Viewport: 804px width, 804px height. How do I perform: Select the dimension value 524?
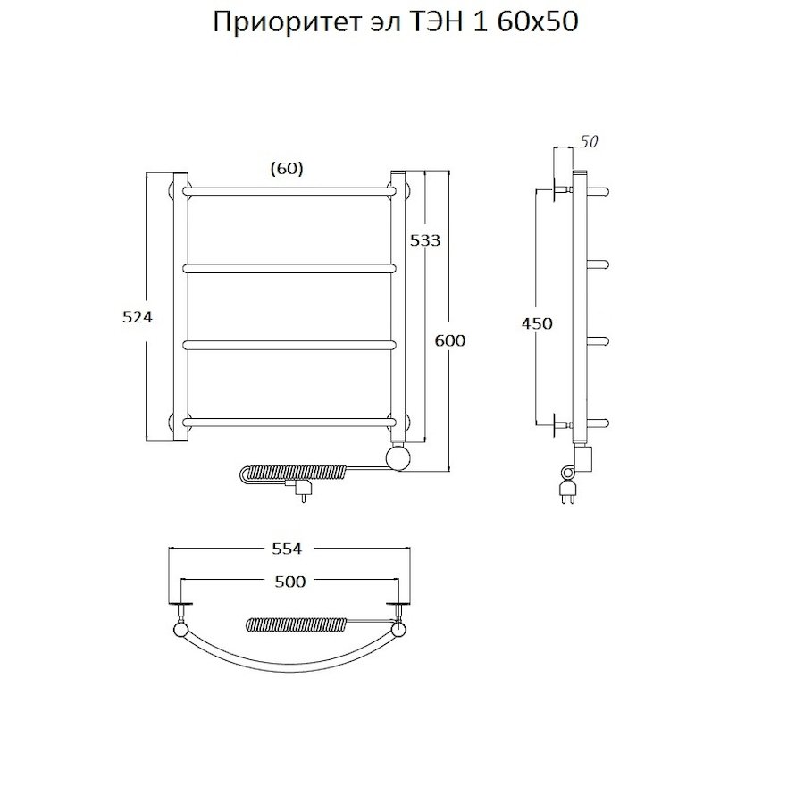point(138,317)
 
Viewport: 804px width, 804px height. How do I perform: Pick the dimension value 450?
point(537,323)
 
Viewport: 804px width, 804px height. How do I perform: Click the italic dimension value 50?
point(589,142)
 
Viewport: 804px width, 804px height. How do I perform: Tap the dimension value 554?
point(289,549)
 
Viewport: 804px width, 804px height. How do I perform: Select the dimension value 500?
point(289,582)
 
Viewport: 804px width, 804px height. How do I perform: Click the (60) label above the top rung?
point(286,168)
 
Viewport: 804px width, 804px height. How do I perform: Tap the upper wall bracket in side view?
point(560,190)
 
